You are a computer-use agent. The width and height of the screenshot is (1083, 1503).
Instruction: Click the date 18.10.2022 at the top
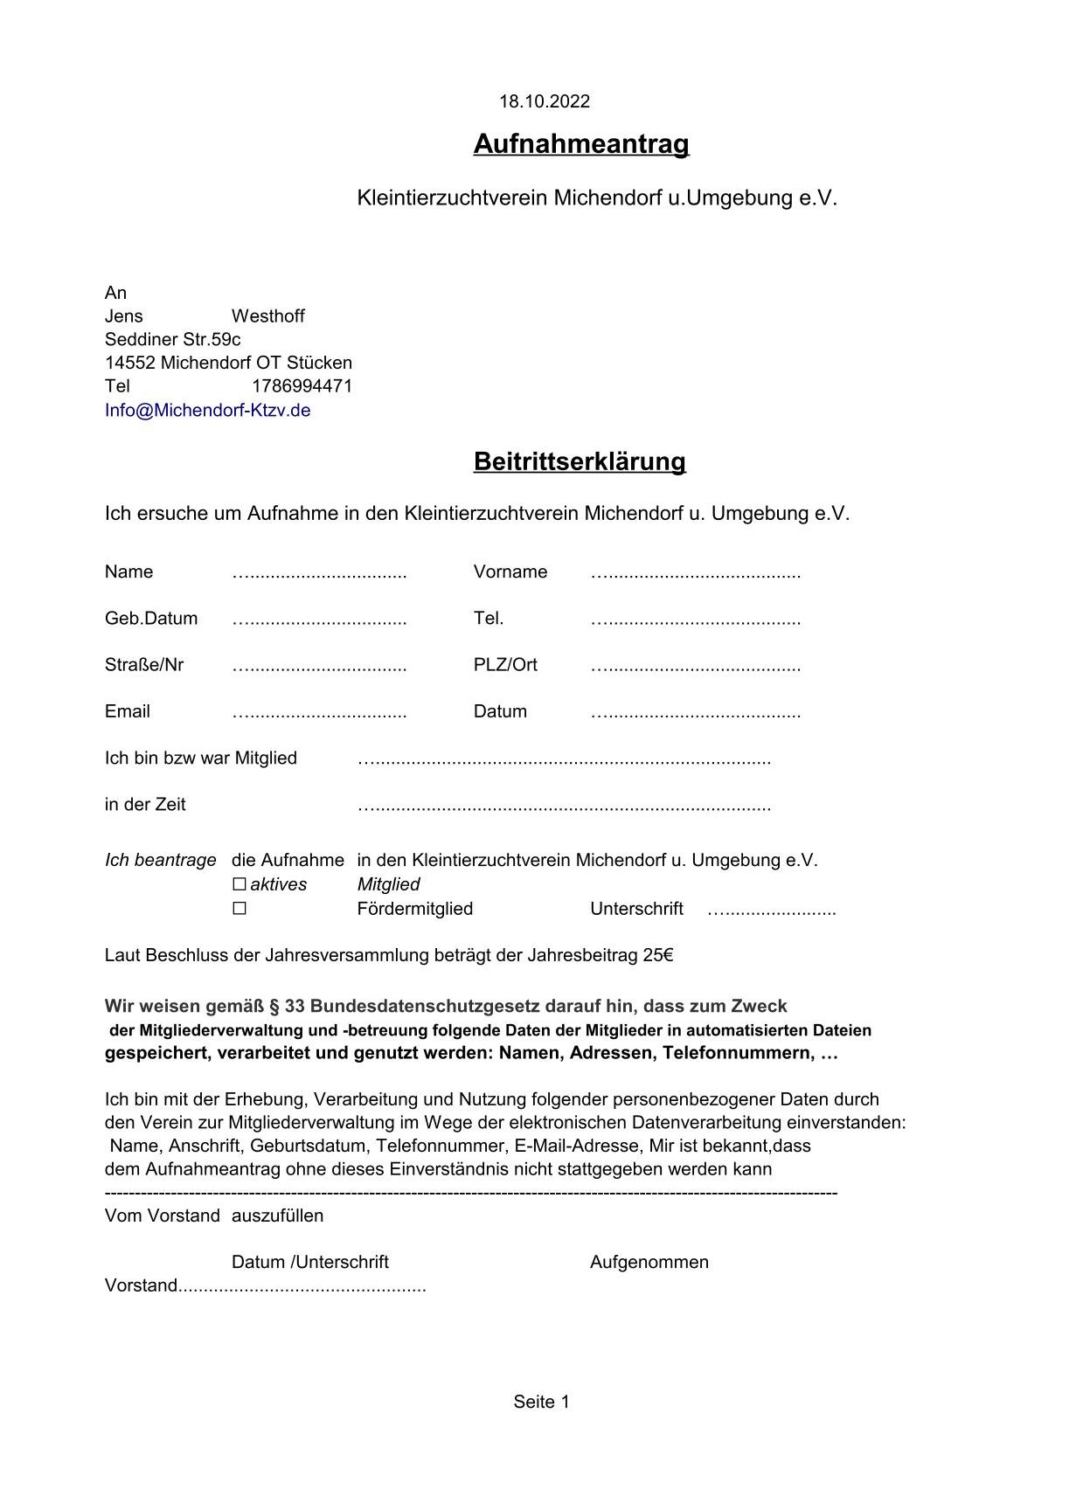coord(544,101)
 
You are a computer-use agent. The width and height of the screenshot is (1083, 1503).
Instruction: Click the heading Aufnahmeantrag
coord(581,143)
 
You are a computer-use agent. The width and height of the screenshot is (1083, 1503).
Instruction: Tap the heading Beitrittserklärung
coord(580,461)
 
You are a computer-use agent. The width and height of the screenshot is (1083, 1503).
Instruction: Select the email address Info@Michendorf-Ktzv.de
coord(207,410)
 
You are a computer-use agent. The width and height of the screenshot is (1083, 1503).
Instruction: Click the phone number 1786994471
coord(302,386)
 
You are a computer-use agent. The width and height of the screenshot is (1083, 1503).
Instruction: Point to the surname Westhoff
coord(267,315)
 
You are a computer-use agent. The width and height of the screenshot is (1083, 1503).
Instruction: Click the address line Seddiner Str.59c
coord(172,339)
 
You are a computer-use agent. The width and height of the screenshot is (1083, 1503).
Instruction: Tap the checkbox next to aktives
coord(239,884)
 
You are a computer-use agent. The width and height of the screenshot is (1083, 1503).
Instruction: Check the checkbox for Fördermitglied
coord(239,909)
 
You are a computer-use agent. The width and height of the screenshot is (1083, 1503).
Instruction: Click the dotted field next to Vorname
coord(695,574)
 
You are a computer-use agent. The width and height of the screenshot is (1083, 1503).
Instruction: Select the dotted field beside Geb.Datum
coord(319,620)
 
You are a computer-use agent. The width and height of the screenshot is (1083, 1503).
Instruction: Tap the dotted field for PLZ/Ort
coord(695,667)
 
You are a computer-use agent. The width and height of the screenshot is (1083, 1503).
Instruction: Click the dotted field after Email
coord(319,713)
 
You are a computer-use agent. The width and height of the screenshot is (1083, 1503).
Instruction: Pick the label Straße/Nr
coord(144,664)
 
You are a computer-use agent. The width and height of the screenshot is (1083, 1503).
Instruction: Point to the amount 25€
coord(658,955)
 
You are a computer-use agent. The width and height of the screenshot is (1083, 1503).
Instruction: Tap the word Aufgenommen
coord(649,1262)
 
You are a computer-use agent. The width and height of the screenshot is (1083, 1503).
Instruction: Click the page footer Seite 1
coord(541,1402)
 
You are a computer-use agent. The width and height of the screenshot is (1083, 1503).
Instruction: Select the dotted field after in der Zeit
coord(564,807)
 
